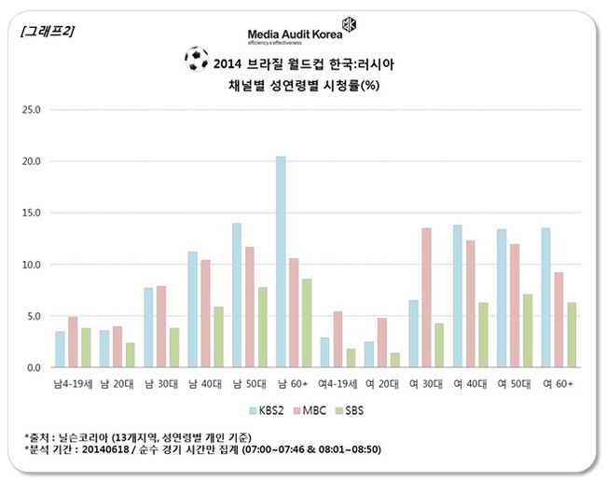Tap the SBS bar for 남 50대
[x=262, y=327]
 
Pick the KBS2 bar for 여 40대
[x=457, y=295]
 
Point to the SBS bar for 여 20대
[x=394, y=360]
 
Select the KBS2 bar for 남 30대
[x=148, y=327]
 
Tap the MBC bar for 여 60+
[x=558, y=320]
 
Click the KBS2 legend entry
[x=269, y=408]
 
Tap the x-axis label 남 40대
[x=205, y=382]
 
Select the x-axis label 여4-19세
[x=337, y=382]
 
